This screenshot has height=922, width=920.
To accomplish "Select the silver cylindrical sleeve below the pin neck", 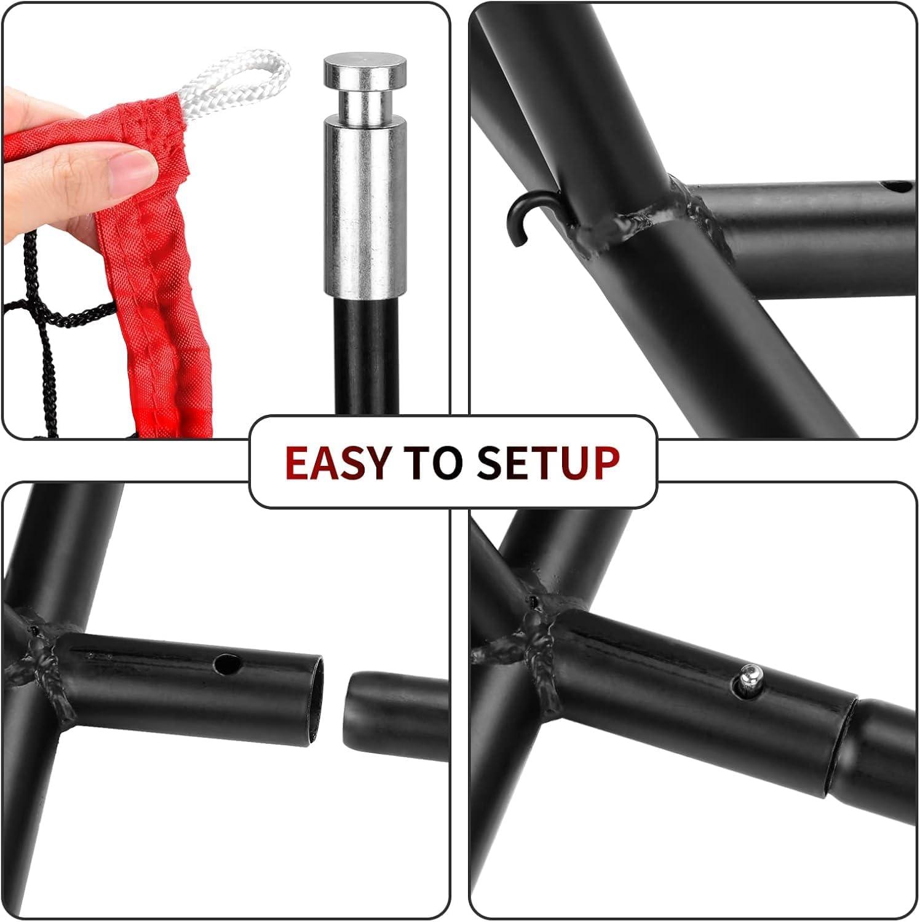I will (366, 209).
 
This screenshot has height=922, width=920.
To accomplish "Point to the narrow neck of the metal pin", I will (367, 104).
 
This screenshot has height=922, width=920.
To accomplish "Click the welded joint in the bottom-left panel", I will (43, 658).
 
